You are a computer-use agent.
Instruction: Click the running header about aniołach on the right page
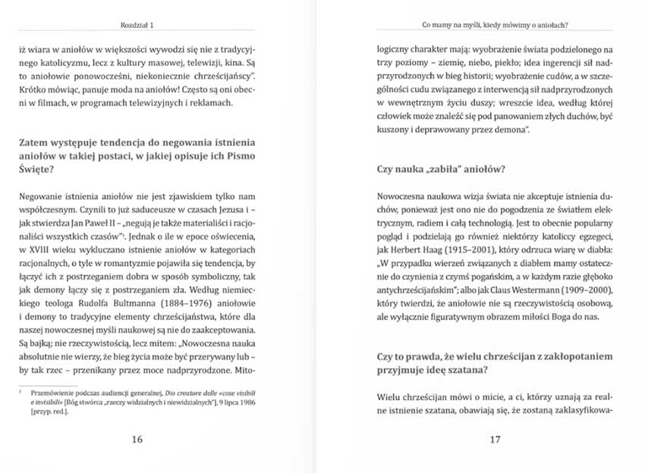pos(495,25)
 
